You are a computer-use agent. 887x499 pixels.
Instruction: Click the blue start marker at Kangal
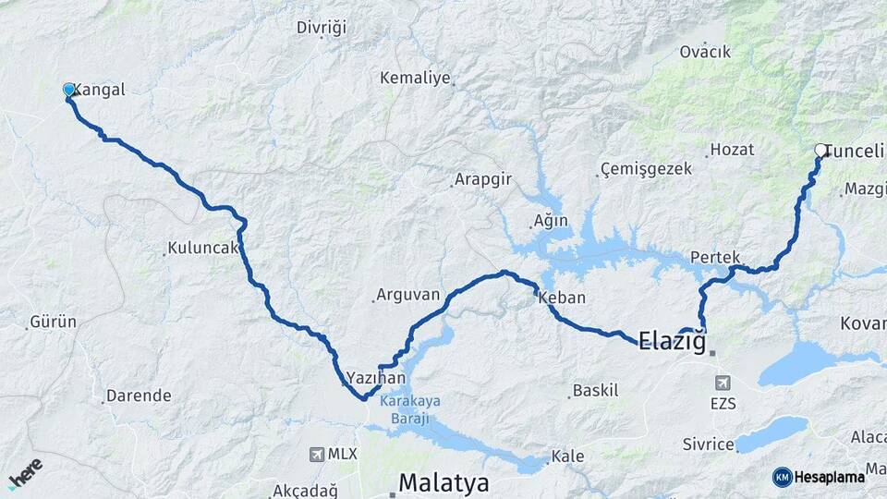click(68, 90)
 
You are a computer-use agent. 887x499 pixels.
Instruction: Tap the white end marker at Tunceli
click(820, 150)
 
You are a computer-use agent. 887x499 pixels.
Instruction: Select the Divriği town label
click(321, 28)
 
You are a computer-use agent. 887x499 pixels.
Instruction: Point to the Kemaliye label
click(415, 79)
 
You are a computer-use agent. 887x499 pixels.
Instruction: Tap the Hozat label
click(732, 150)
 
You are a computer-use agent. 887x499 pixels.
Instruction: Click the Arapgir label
click(481, 181)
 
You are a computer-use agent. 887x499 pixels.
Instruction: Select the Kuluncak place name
click(203, 249)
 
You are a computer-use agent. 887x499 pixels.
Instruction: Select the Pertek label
click(715, 258)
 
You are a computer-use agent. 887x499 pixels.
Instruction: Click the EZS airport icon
click(721, 382)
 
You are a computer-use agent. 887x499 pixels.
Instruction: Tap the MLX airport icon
click(317, 454)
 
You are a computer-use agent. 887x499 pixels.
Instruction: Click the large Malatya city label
click(443, 482)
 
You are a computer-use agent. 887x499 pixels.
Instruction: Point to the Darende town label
click(139, 396)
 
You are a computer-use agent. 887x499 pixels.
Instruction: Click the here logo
click(26, 472)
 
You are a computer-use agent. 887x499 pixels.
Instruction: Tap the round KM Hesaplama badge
click(783, 477)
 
